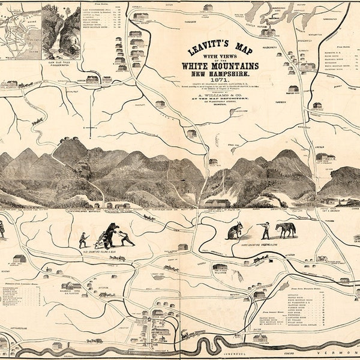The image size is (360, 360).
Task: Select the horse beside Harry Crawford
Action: click(x=286, y=230)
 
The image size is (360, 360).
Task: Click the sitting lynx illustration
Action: click(x=233, y=232)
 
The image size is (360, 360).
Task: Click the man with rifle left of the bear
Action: click(x=83, y=239)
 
